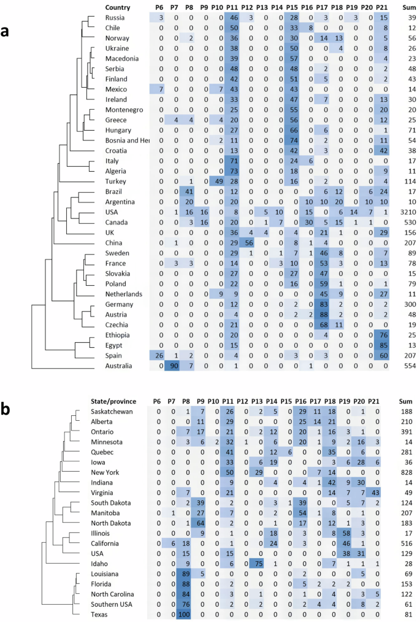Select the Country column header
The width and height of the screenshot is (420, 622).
117,7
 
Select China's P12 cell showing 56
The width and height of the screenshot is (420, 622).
248,243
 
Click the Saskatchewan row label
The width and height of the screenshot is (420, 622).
112,411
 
